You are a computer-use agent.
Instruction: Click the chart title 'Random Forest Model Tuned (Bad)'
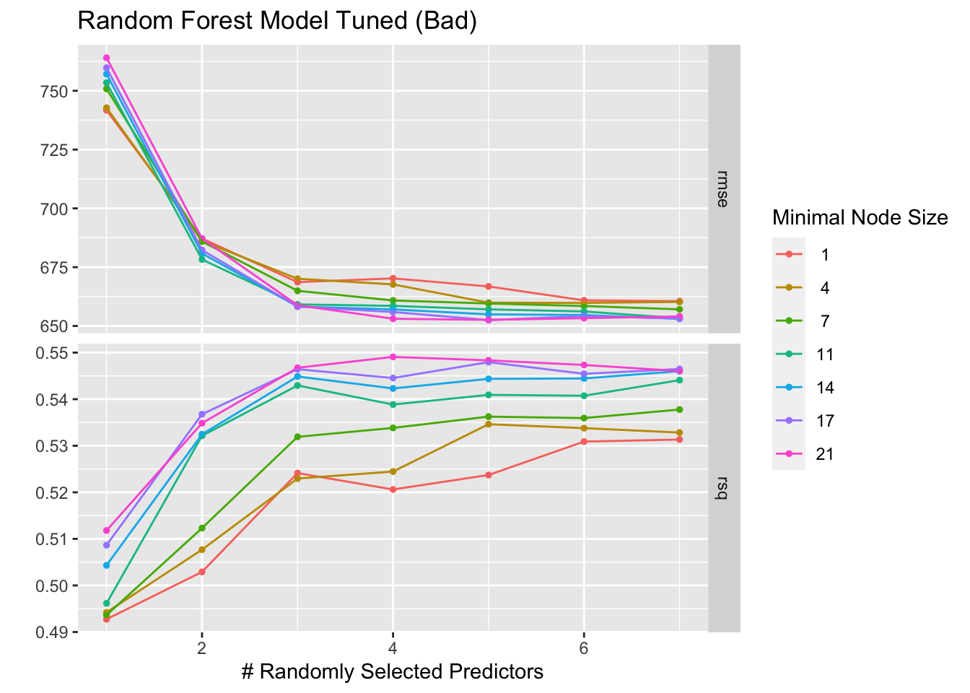coord(277,22)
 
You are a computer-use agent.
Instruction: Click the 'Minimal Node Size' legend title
coord(859,217)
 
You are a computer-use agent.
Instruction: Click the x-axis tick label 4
coord(393,648)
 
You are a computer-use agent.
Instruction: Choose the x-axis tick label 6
coord(583,648)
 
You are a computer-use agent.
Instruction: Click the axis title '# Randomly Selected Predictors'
coord(392,672)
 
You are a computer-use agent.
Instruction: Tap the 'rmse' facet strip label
coord(723,188)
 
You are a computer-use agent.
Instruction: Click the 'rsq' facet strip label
coord(723,489)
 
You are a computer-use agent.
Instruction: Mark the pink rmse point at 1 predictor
coord(106,58)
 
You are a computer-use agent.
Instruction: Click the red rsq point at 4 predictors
coord(393,489)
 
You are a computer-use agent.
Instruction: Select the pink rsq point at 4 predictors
coord(393,357)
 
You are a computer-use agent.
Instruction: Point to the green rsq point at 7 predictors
coord(679,410)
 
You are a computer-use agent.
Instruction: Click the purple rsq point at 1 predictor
coord(106,545)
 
